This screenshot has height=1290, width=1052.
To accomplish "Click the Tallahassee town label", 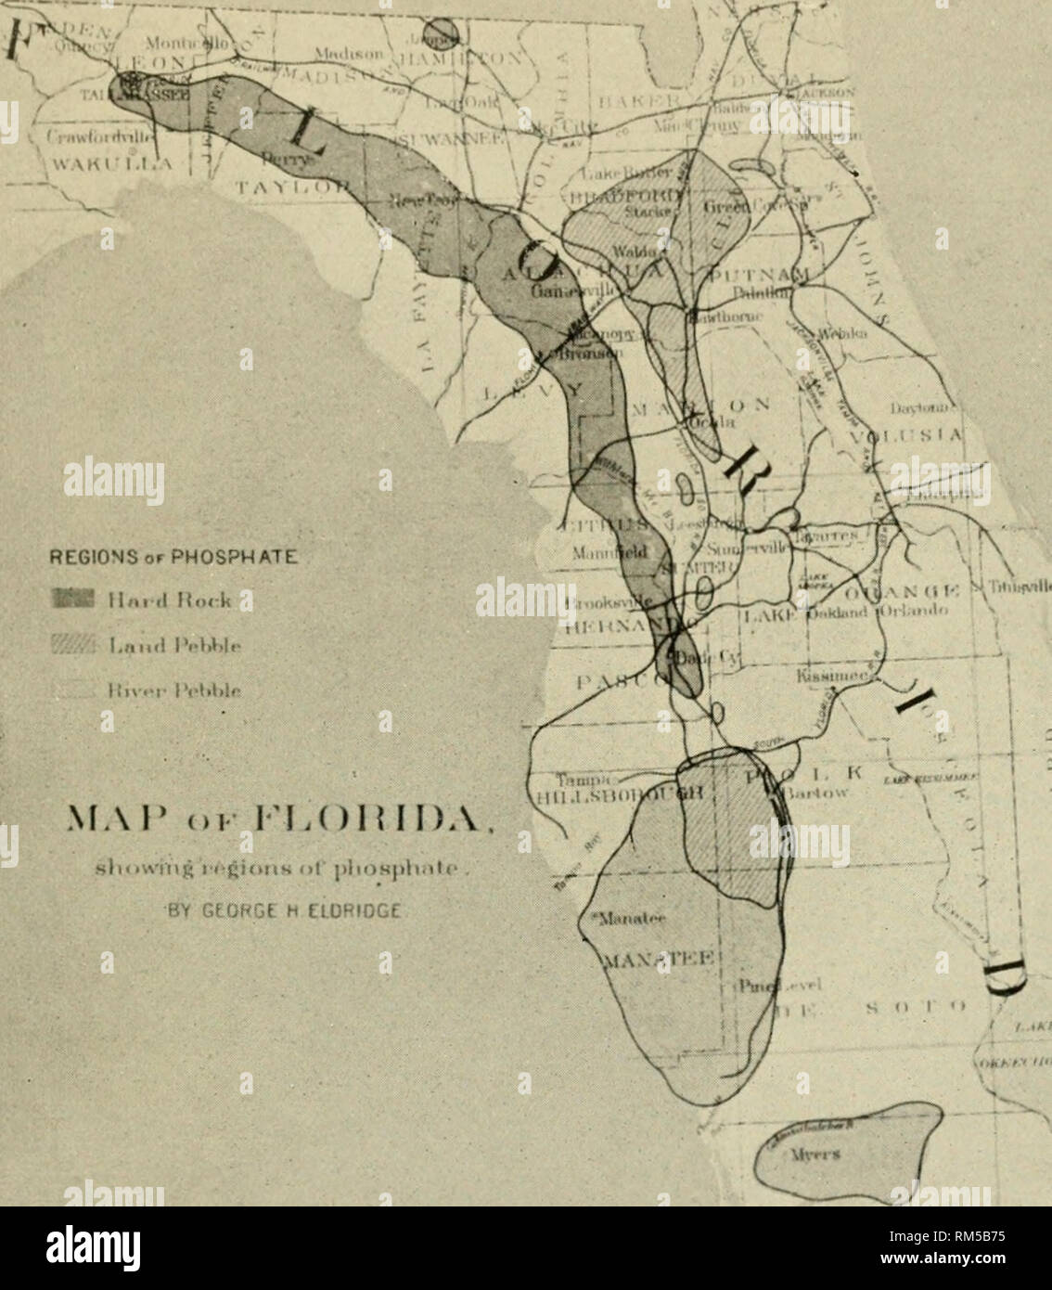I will (152, 97).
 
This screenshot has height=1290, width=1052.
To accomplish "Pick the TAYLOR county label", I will (270, 187).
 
